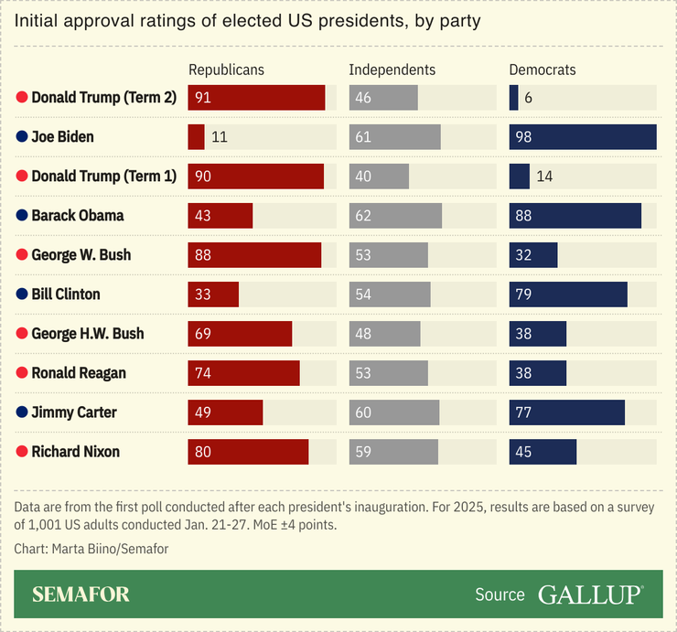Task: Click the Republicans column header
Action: pos(226,70)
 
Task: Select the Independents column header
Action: pos(392,70)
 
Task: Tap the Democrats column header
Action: pos(543,70)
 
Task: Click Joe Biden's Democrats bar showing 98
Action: pos(583,137)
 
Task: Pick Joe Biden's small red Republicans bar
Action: pos(196,137)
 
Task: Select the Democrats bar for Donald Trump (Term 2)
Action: pos(513,98)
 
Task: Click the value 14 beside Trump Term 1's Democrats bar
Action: pos(544,177)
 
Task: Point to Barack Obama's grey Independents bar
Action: pos(395,216)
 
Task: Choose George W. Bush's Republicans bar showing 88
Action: pos(254,255)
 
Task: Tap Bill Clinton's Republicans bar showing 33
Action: pos(213,295)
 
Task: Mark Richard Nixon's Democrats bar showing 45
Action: pos(543,452)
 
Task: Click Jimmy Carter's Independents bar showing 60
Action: pos(394,412)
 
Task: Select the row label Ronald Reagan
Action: pos(79,373)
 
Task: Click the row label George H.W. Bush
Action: pos(88,334)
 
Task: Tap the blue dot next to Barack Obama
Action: pos(22,216)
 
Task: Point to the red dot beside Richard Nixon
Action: pos(22,452)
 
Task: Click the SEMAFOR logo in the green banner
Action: pos(81,595)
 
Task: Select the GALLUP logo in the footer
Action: pos(590,595)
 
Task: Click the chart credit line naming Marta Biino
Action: pos(91,549)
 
